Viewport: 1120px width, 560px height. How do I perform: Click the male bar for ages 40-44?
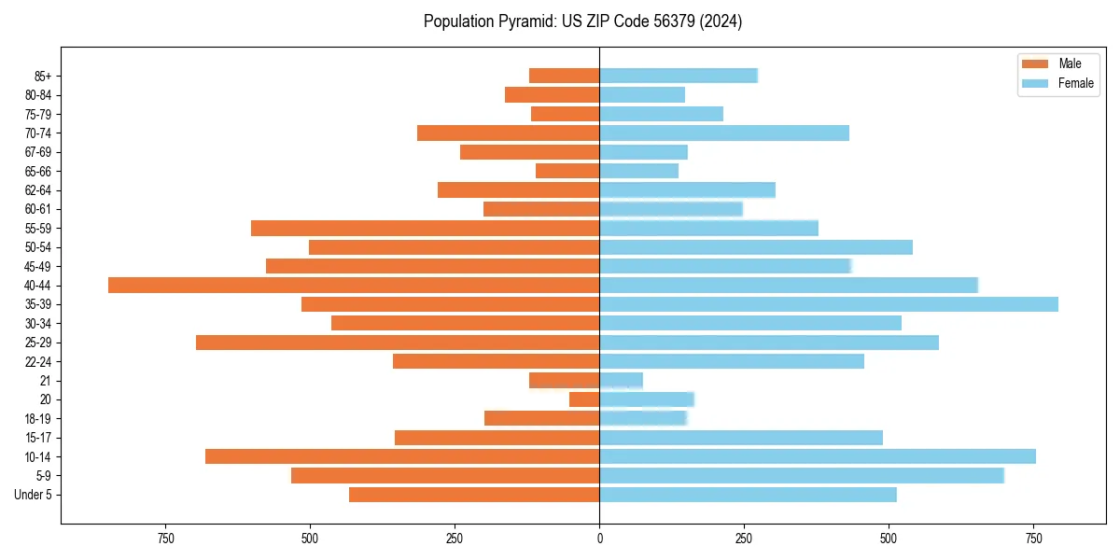click(354, 286)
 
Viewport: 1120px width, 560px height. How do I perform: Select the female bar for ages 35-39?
click(829, 304)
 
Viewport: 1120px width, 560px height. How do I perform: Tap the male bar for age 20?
click(584, 399)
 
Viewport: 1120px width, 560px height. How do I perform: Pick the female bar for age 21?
click(621, 381)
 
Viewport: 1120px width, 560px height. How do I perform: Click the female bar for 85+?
click(679, 76)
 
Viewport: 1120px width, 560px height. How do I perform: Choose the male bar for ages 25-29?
click(398, 343)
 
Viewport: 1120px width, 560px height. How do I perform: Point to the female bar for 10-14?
click(818, 456)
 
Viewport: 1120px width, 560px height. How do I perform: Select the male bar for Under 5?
click(474, 495)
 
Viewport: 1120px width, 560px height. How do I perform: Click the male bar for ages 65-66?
click(567, 171)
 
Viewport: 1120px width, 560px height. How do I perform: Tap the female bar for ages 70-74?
click(724, 133)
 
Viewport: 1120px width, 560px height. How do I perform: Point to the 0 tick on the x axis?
click(599, 539)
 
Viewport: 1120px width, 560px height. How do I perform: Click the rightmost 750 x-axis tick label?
click(1033, 539)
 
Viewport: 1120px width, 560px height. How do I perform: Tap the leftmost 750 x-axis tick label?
click(165, 539)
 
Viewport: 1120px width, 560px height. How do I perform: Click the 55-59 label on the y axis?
click(37, 229)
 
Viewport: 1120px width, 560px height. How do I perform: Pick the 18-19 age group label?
click(37, 419)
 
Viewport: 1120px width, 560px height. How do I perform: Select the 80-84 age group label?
click(37, 95)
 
